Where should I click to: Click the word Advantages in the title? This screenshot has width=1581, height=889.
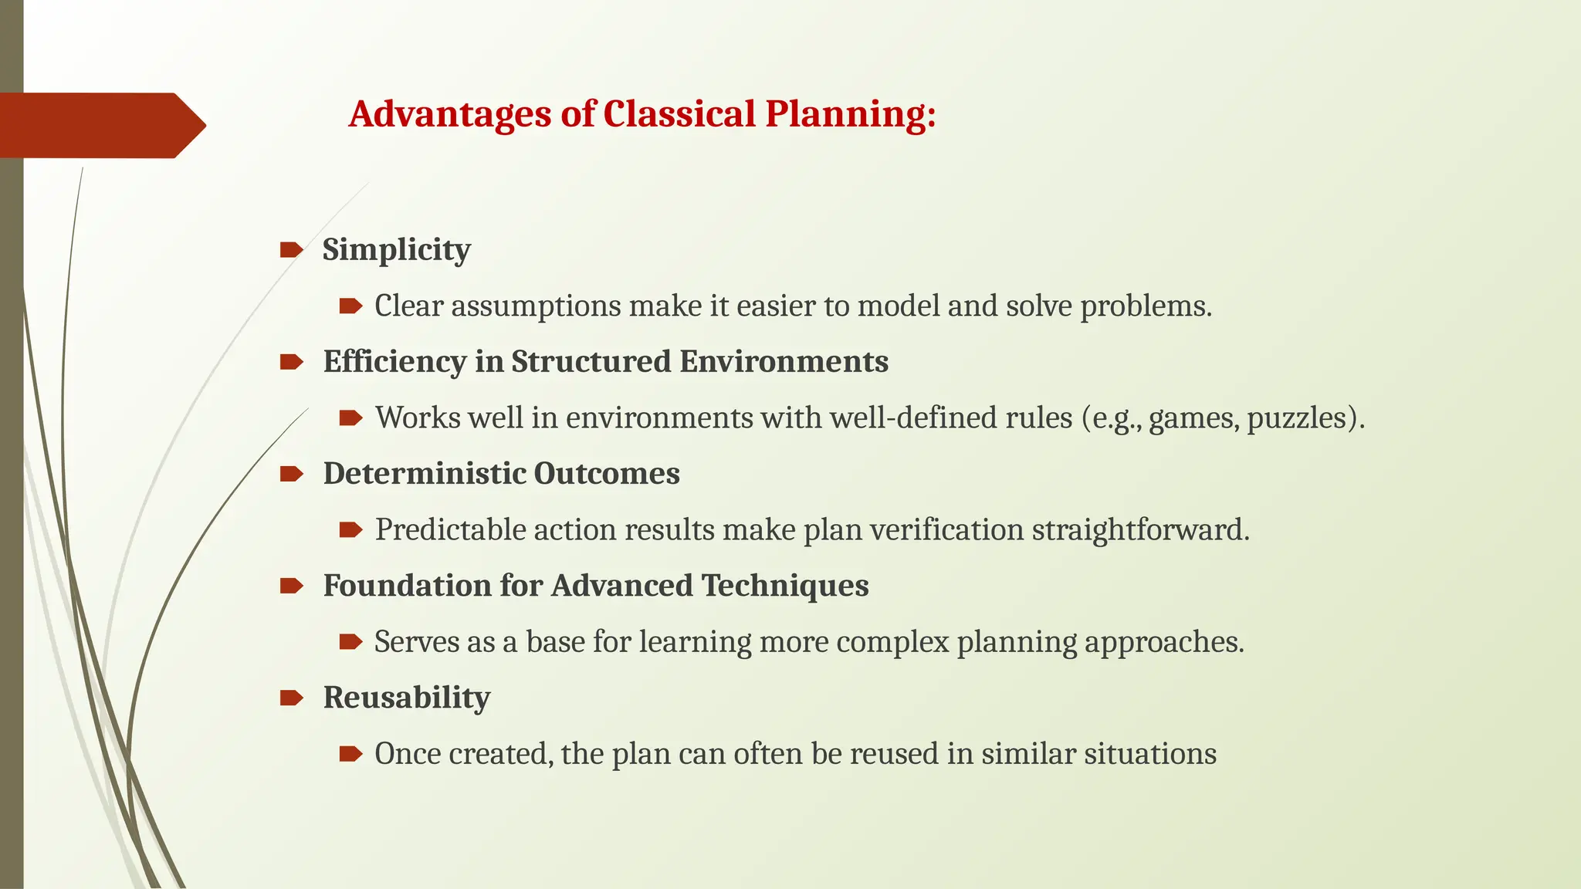[x=450, y=114]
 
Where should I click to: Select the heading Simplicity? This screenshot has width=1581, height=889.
[x=396, y=250]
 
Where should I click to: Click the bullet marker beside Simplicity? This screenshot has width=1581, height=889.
[x=291, y=249]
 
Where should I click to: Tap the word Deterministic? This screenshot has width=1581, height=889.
[x=424, y=474]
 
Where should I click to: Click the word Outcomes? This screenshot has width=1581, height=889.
[x=607, y=474]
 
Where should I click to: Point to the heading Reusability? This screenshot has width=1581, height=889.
[x=407, y=698]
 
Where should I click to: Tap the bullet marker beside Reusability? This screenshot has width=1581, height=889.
[x=291, y=698]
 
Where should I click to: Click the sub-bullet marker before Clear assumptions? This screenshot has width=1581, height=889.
[x=350, y=306]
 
